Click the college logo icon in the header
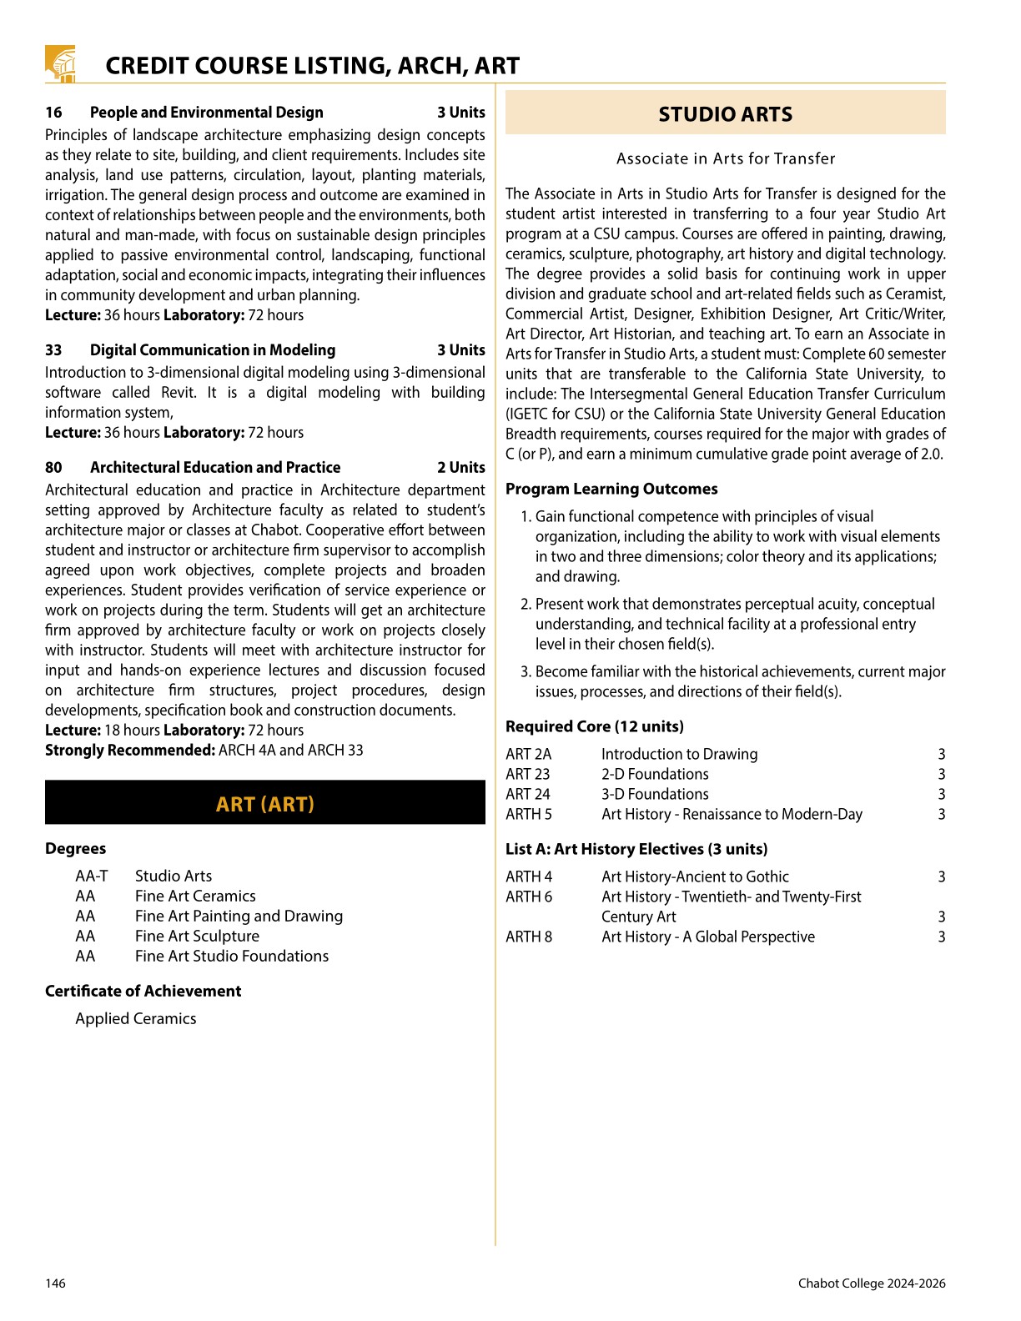click(60, 63)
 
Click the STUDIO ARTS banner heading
click(725, 114)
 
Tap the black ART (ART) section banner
click(264, 803)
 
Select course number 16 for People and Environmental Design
click(53, 113)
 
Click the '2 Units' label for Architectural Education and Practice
click(460, 467)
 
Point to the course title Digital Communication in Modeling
click(213, 350)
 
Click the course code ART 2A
click(528, 754)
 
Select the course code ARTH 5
click(528, 814)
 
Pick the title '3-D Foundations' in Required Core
click(655, 794)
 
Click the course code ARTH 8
click(528, 937)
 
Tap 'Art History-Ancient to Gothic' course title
click(695, 876)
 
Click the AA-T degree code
click(91, 876)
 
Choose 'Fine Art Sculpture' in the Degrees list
click(197, 936)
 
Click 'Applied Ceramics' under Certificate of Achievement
click(136, 1018)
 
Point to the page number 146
click(55, 1283)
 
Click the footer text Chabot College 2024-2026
click(872, 1283)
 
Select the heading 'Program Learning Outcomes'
click(611, 489)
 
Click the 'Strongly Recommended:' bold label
click(130, 750)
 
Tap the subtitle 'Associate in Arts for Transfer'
click(725, 158)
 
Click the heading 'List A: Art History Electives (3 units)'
click(636, 849)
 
